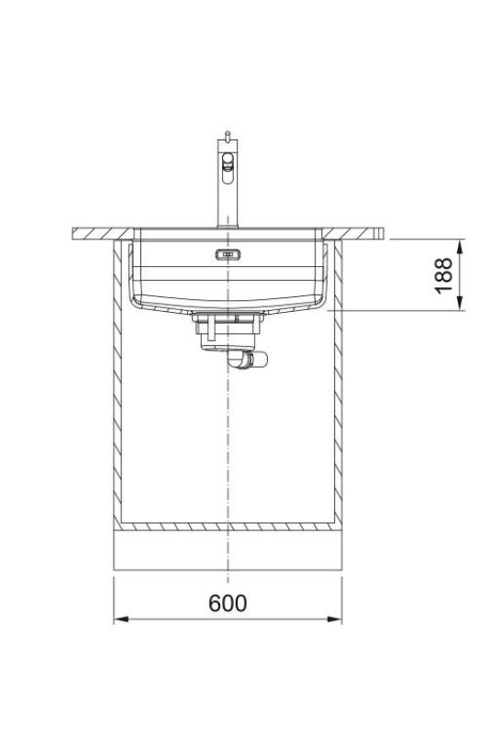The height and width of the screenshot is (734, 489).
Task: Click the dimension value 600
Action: click(x=228, y=603)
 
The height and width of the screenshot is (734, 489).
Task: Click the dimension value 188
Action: click(x=444, y=275)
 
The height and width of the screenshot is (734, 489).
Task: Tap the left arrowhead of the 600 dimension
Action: click(x=118, y=620)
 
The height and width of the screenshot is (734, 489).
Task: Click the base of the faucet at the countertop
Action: click(x=227, y=222)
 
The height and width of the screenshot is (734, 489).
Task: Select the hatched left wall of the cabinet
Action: click(x=117, y=385)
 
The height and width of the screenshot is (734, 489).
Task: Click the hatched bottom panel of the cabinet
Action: click(x=227, y=528)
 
